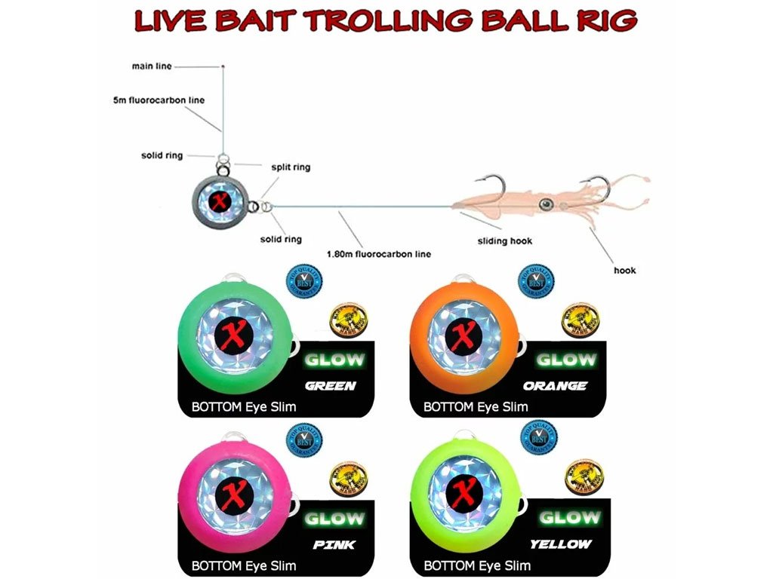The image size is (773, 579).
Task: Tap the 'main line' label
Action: tap(152, 66)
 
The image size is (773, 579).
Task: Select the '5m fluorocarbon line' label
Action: tap(159, 100)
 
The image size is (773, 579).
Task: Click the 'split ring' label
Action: tap(291, 167)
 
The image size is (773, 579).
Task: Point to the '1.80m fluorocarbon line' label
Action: tap(379, 254)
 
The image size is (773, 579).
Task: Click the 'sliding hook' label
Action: tap(505, 241)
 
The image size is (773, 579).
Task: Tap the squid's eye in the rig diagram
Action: tap(544, 204)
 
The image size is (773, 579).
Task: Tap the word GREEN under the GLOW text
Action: tap(330, 387)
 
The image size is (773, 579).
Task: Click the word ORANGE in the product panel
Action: tap(555, 385)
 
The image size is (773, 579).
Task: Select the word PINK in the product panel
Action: tap(334, 544)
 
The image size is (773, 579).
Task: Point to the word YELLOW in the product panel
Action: tap(560, 544)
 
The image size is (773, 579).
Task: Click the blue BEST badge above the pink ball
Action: tap(304, 441)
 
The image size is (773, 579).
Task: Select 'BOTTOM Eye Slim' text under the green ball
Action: tap(243, 407)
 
